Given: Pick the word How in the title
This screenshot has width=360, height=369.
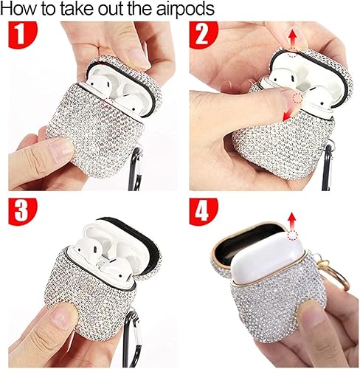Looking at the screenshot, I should point(20,10).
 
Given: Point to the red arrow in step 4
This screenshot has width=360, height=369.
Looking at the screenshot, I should point(293,220).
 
